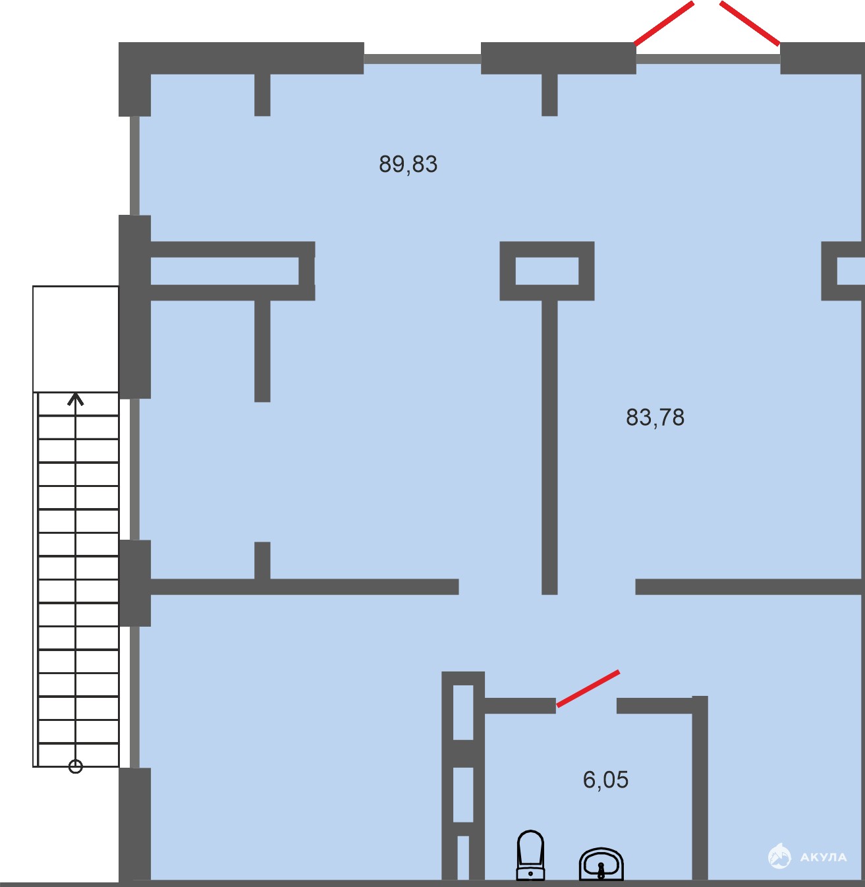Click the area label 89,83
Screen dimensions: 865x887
tap(408, 164)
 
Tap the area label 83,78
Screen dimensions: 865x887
tap(655, 417)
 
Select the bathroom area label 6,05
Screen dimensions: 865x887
tap(605, 780)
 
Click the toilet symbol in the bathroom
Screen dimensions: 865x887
tap(530, 855)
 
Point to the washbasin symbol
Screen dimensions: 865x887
tap(601, 864)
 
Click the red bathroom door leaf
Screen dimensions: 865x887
tap(588, 688)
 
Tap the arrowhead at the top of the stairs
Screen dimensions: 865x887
tap(76, 399)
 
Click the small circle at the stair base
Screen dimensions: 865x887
tap(76, 766)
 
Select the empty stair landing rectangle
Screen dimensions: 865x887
tap(76, 339)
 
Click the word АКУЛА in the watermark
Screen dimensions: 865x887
tap(823, 857)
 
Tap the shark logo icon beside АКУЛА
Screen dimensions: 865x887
tap(779, 855)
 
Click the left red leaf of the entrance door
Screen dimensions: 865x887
tap(664, 24)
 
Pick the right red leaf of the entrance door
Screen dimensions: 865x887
tap(750, 24)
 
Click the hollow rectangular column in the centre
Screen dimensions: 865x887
tap(547, 249)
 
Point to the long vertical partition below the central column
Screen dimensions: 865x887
tap(549, 447)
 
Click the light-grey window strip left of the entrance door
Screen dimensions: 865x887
tap(422, 59)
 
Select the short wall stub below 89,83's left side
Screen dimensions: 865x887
tap(262, 351)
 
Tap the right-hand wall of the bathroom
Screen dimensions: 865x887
tap(700, 788)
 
